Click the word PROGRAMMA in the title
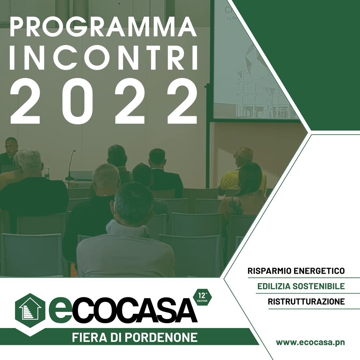(103, 27)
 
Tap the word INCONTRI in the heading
(104, 58)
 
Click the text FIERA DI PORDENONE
(135, 337)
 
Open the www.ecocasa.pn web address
(310, 342)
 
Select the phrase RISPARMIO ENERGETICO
(296, 271)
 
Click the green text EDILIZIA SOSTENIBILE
(301, 286)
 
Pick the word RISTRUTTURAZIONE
(306, 301)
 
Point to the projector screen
(255, 60)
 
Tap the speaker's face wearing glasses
(11, 147)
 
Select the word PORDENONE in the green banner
(162, 337)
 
